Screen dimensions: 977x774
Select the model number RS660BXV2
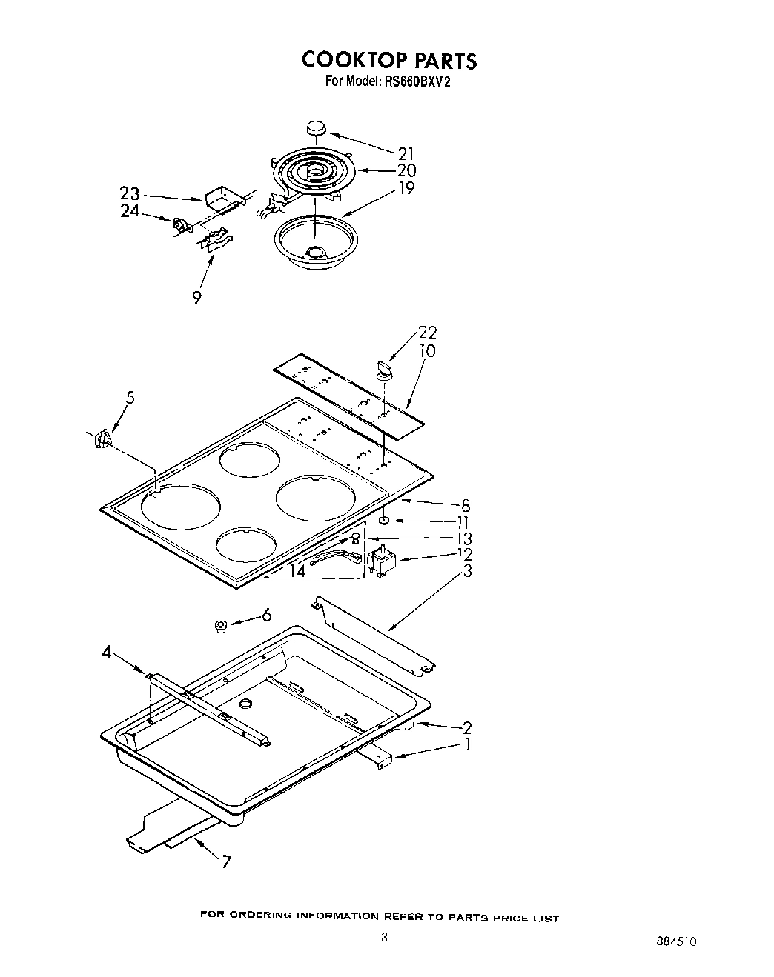pos(419,82)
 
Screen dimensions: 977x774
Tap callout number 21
pos(406,154)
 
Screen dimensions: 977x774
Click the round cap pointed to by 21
pos(317,129)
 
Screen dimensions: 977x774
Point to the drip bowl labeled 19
pos(316,240)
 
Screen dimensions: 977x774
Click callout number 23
pos(130,193)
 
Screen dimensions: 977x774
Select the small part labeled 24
pos(179,224)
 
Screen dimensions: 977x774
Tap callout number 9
pos(196,297)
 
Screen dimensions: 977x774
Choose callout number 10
pos(428,350)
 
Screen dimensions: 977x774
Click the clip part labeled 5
pos(103,439)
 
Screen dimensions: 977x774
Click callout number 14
pos(297,571)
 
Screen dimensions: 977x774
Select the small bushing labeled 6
pos(220,627)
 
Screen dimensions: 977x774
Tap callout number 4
pos(106,653)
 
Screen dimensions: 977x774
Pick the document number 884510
pos(675,942)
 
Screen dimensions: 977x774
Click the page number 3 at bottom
pos(384,938)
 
